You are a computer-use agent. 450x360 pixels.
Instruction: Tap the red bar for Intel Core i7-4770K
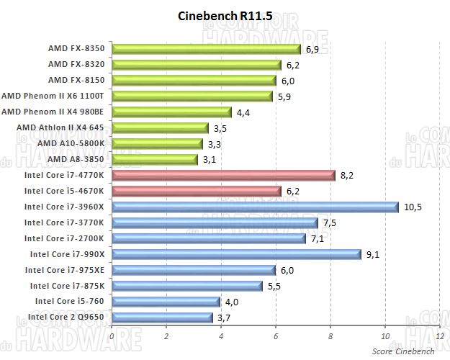coord(224,175)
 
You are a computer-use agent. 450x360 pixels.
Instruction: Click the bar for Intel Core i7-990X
coord(236,253)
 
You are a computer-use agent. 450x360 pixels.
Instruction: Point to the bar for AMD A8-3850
coord(155,159)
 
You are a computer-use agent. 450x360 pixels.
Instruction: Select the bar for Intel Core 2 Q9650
coord(163,317)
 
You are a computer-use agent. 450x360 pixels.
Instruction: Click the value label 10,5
coord(413,207)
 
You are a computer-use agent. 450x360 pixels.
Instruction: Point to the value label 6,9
coord(312,50)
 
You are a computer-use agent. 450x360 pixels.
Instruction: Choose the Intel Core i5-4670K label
coord(63,191)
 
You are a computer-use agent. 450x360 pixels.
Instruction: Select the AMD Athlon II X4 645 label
coord(60,127)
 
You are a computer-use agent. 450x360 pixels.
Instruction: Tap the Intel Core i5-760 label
coord(69,301)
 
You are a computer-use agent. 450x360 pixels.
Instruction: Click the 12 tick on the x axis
coord(439,336)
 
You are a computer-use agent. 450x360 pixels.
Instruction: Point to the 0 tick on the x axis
coord(112,336)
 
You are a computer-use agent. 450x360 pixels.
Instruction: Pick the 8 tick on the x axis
coord(330,336)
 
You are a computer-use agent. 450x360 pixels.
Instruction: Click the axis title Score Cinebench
coord(403,351)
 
